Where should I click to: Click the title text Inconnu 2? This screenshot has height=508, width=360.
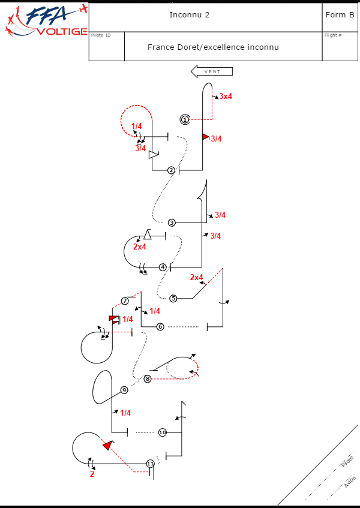190,15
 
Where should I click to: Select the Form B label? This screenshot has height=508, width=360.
340,15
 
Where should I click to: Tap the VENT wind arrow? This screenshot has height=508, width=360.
211,71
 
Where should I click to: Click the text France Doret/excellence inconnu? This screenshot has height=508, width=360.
213,47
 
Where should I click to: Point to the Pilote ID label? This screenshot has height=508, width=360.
101,35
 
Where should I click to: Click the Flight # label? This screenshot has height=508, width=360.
333,35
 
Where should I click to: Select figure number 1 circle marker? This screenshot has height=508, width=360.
185,119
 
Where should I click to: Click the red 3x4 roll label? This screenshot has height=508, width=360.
226,96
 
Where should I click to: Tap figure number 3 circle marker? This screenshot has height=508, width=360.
172,223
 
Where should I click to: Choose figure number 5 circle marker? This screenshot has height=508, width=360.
173,298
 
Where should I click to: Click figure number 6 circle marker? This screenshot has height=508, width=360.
160,326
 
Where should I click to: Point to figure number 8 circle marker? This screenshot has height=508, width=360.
148,378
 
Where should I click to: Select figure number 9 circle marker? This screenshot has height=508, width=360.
124,390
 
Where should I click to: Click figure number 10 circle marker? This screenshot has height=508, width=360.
162,432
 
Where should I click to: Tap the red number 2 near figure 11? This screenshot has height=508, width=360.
92,474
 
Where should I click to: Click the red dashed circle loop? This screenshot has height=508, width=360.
135,121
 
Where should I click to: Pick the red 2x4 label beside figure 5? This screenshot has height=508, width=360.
197,277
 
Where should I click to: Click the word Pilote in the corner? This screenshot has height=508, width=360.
347,462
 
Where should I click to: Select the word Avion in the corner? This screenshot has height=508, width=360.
350,482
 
